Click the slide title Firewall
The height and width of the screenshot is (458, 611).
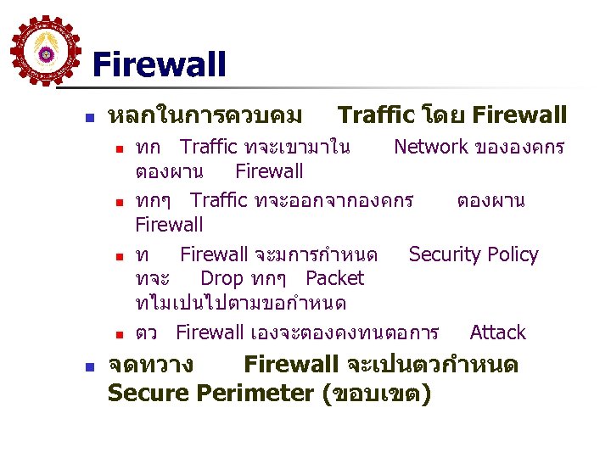pos(159,64)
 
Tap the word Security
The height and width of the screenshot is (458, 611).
pos(444,254)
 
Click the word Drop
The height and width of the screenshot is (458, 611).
pos(221,278)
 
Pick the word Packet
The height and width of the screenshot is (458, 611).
pos(334,278)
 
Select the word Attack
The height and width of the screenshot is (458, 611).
pos(497,332)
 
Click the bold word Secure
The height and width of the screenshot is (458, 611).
pos(149,394)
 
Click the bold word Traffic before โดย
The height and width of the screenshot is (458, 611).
pos(375,114)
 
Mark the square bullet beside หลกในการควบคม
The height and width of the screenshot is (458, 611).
pos(90,115)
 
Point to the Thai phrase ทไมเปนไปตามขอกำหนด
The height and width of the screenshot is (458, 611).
pos(240,302)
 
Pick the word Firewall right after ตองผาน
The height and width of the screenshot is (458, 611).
pos(269,171)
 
